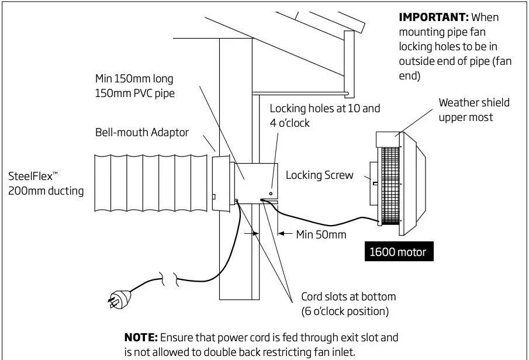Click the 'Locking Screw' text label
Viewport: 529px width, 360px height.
coord(319,175)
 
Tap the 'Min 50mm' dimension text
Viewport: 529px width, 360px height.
coord(321,234)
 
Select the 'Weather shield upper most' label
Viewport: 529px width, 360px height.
coord(474,110)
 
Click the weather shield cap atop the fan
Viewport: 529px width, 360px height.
coord(387,139)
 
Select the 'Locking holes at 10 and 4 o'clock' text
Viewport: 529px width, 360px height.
coord(324,115)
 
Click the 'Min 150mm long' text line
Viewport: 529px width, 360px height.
coord(134,78)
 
